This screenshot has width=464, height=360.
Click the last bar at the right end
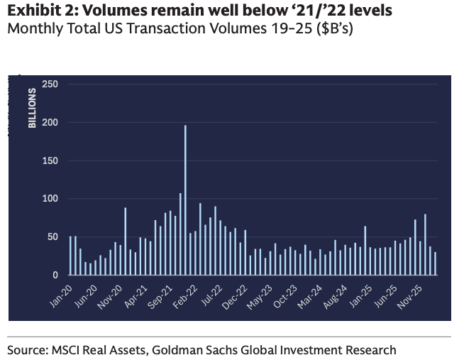pyautogui.click(x=436, y=263)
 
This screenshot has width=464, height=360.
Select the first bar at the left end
pyautogui.click(x=70, y=256)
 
